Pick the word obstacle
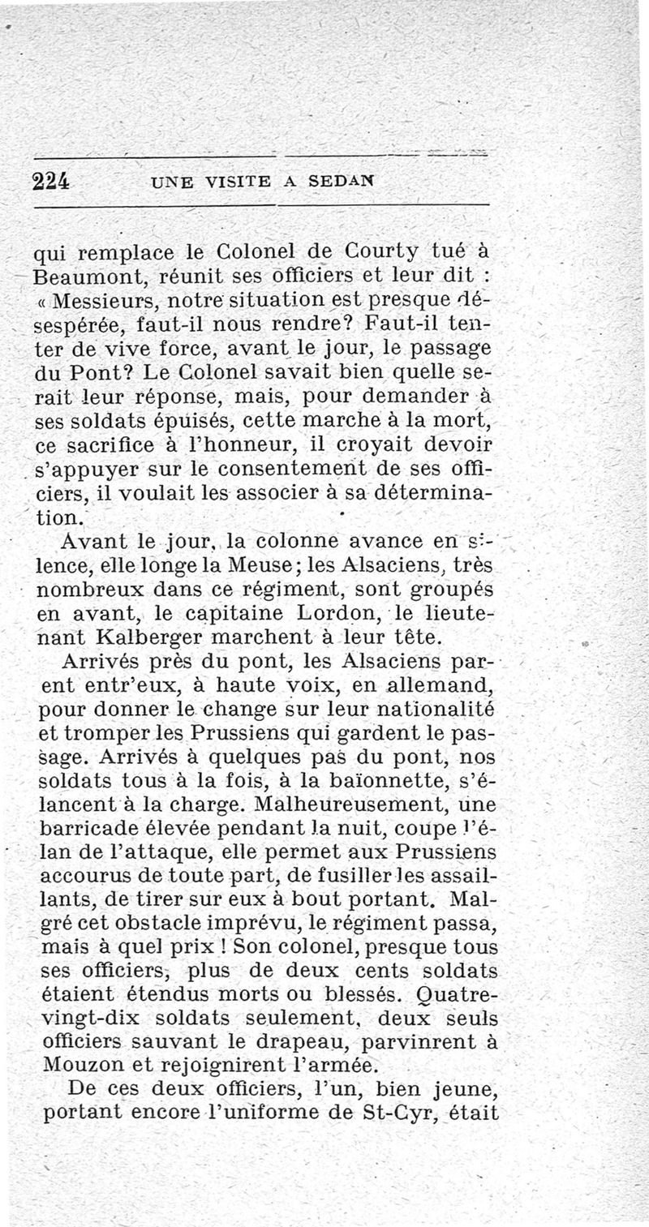tap(178, 923)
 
